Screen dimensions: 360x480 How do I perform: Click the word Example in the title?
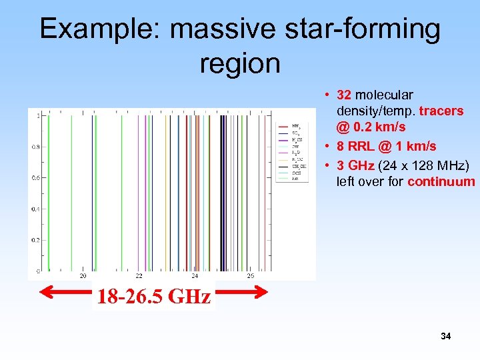click(x=97, y=29)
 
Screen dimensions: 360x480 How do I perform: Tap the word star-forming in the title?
click(x=361, y=29)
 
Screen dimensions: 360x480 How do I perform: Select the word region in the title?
click(x=239, y=63)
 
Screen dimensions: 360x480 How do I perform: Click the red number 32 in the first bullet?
click(x=345, y=95)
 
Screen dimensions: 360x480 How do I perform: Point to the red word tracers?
click(x=441, y=111)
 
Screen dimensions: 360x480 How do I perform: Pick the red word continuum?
click(x=441, y=181)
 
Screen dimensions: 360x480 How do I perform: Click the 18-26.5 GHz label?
click(x=154, y=296)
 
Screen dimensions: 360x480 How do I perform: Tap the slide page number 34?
click(x=445, y=337)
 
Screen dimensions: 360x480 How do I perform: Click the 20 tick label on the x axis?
click(x=83, y=275)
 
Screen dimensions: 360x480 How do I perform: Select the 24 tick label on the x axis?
click(x=195, y=275)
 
